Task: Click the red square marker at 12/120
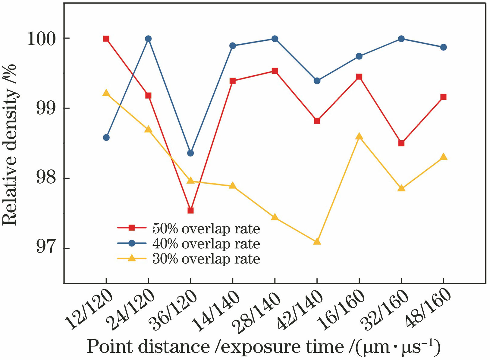(106, 39)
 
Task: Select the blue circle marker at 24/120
(148, 39)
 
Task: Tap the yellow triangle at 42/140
(317, 242)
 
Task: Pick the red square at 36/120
(190, 210)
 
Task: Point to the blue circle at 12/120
(106, 137)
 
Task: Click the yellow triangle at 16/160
(359, 137)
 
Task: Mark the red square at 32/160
(401, 143)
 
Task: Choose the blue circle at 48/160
(443, 47)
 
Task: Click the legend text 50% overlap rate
(206, 229)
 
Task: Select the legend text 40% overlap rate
(206, 244)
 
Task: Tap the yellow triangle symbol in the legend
(132, 258)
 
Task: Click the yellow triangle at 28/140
(275, 217)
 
